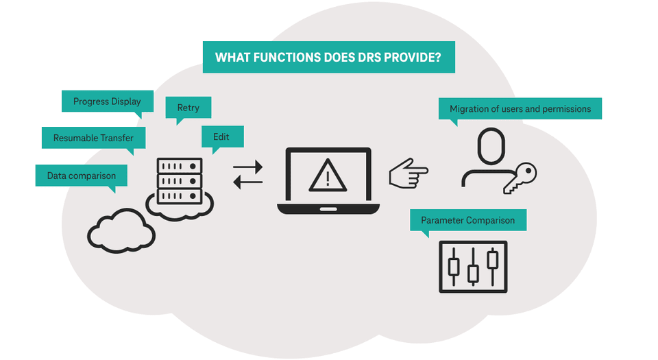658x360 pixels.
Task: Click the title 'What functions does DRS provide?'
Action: (328, 57)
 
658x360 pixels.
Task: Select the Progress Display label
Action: (107, 101)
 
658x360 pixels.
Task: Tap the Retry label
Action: (188, 108)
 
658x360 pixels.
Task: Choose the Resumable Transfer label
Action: (93, 138)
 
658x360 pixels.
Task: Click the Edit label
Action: (221, 136)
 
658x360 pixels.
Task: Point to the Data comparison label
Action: (81, 176)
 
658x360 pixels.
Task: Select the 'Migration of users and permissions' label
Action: (520, 108)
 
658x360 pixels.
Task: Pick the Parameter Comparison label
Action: (467, 220)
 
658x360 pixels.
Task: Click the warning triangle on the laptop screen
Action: (328, 176)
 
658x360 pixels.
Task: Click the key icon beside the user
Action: (520, 177)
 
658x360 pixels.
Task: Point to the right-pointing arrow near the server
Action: (247, 166)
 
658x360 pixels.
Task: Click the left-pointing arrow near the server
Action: (247, 182)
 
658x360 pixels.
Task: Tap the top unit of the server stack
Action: (180, 166)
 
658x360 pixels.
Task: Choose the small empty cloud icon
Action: (121, 230)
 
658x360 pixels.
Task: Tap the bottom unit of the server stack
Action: (180, 196)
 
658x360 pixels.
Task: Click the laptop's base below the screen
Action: (328, 208)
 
